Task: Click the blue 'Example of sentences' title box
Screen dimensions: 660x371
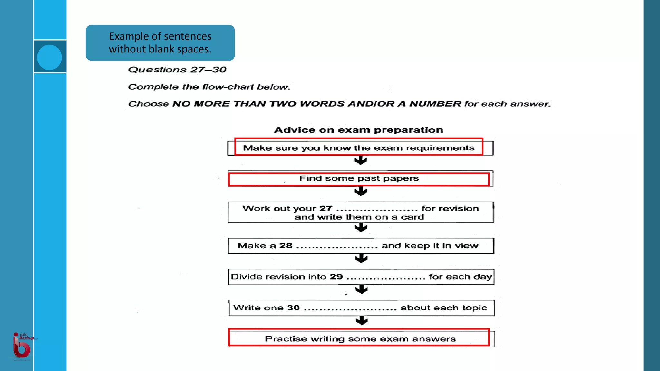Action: coord(160,43)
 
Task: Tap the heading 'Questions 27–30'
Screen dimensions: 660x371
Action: coord(177,70)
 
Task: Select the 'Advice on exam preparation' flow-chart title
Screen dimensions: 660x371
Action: coord(358,130)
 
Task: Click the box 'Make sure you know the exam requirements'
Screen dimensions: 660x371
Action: coord(359,148)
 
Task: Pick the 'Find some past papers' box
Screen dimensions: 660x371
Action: coord(359,178)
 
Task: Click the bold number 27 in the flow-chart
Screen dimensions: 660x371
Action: coord(325,209)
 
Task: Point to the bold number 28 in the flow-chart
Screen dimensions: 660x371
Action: coord(286,246)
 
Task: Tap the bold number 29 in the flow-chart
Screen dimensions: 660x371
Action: coord(336,277)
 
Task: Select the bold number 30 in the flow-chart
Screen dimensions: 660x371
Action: coord(293,308)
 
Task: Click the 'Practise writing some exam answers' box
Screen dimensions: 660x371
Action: coord(360,339)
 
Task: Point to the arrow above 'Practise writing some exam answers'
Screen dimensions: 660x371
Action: coord(362,321)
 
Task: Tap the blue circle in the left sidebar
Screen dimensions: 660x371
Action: coord(49,57)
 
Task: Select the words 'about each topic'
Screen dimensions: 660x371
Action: coord(444,308)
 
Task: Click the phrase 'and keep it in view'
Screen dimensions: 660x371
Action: coord(430,246)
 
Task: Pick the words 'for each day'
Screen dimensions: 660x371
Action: coord(461,277)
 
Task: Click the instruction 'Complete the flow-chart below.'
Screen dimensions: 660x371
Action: coord(209,87)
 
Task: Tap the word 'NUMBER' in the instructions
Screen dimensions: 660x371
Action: coord(435,104)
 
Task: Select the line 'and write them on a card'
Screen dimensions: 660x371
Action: coord(359,217)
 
